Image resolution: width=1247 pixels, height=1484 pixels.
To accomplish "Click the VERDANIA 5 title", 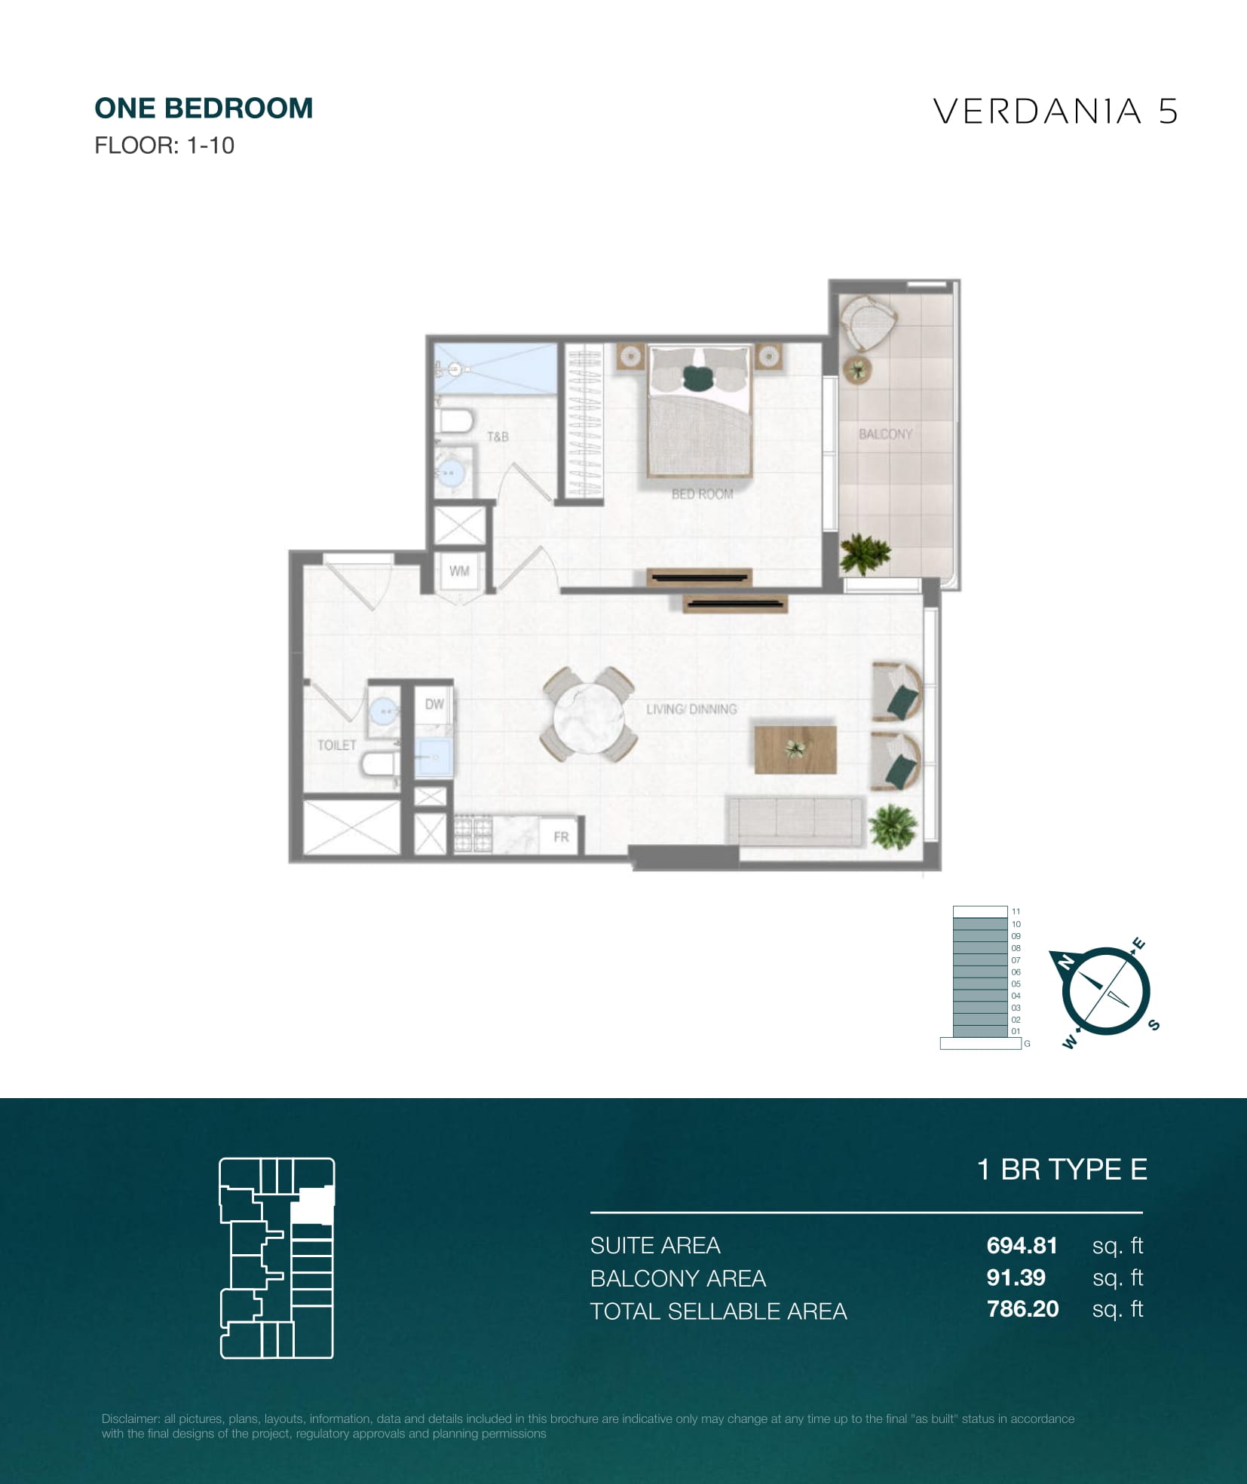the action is (x=1055, y=112).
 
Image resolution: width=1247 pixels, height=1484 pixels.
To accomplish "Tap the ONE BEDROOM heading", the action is (x=204, y=109).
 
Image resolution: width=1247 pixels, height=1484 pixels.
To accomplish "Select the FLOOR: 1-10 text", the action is (x=164, y=145).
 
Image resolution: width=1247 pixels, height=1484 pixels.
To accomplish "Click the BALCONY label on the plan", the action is (x=885, y=434).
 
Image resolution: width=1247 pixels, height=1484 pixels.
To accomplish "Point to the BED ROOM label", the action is (x=702, y=494).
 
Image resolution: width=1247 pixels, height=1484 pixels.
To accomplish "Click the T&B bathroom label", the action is (x=498, y=436).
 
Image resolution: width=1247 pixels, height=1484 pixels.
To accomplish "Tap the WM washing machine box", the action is (x=459, y=571).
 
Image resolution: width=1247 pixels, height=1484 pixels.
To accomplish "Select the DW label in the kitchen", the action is (x=434, y=704).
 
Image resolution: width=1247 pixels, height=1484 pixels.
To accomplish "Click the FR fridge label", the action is (x=561, y=837).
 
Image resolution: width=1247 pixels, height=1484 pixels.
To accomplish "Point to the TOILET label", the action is (x=336, y=745).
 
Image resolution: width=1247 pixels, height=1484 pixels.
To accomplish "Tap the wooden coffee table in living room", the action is (x=795, y=749).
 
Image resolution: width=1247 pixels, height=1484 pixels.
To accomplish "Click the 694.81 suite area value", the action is (x=1022, y=1246).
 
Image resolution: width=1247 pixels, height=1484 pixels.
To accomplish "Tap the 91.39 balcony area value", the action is (x=1016, y=1277).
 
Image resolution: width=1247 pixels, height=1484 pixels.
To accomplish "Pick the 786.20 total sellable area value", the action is (x=1022, y=1309).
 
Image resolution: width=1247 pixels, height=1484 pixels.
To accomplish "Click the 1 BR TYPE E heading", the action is (x=1062, y=1169).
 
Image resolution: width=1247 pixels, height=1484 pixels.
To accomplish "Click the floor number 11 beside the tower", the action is (x=1016, y=911).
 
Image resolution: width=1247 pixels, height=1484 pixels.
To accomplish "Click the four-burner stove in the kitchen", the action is (x=473, y=834).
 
